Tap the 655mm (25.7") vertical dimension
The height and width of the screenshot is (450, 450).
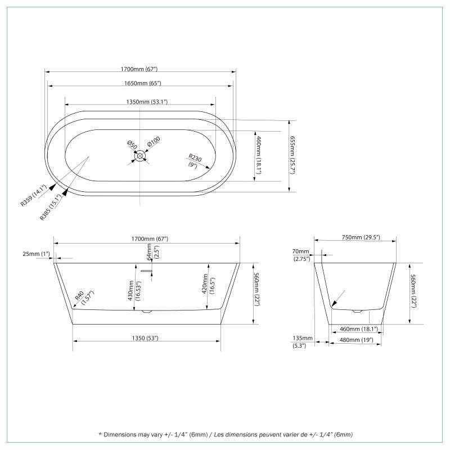point(292,155)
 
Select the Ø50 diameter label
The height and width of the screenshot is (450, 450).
point(130,145)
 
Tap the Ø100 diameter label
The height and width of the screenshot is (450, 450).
point(154,141)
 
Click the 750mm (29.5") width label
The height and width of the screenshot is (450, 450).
point(361,237)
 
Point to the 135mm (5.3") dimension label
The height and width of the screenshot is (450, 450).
point(299,341)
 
